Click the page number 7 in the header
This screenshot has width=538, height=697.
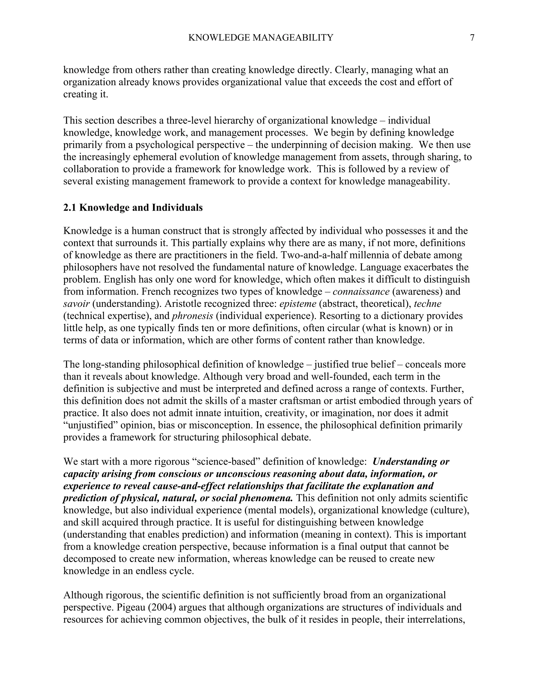coord(472,38)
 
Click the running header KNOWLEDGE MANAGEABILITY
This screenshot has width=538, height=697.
coord(261,38)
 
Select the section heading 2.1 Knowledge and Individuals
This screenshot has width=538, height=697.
coord(133,208)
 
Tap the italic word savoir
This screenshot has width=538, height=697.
coord(76,304)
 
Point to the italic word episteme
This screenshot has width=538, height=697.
coord(298,304)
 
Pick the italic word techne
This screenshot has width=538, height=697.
coord(427,304)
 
